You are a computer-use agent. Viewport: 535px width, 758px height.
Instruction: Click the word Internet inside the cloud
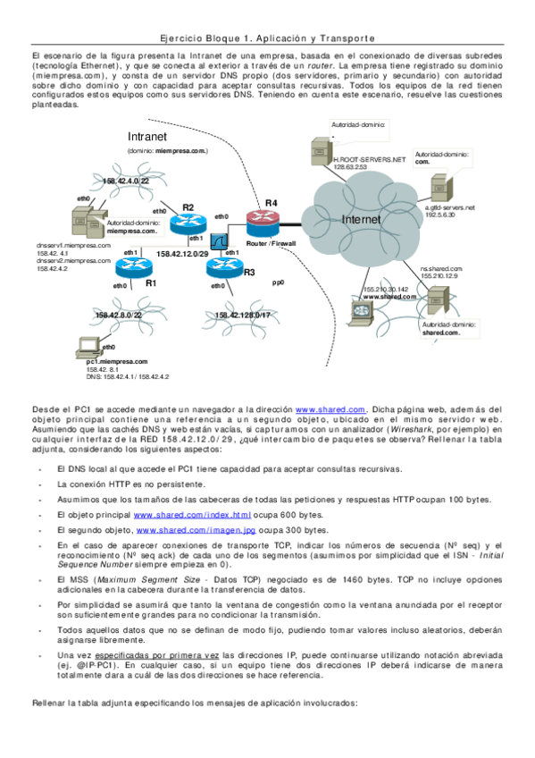tap(362, 219)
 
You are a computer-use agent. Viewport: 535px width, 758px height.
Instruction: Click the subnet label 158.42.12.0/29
tap(183, 254)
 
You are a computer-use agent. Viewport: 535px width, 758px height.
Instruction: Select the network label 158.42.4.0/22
tap(127, 181)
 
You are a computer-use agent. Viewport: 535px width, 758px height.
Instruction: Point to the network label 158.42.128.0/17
tap(243, 315)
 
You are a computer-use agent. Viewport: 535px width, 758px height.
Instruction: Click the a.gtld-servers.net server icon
tap(439, 187)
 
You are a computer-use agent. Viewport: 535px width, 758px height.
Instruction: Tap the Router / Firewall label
tap(271, 243)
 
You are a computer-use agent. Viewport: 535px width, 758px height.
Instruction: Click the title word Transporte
tap(341, 39)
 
